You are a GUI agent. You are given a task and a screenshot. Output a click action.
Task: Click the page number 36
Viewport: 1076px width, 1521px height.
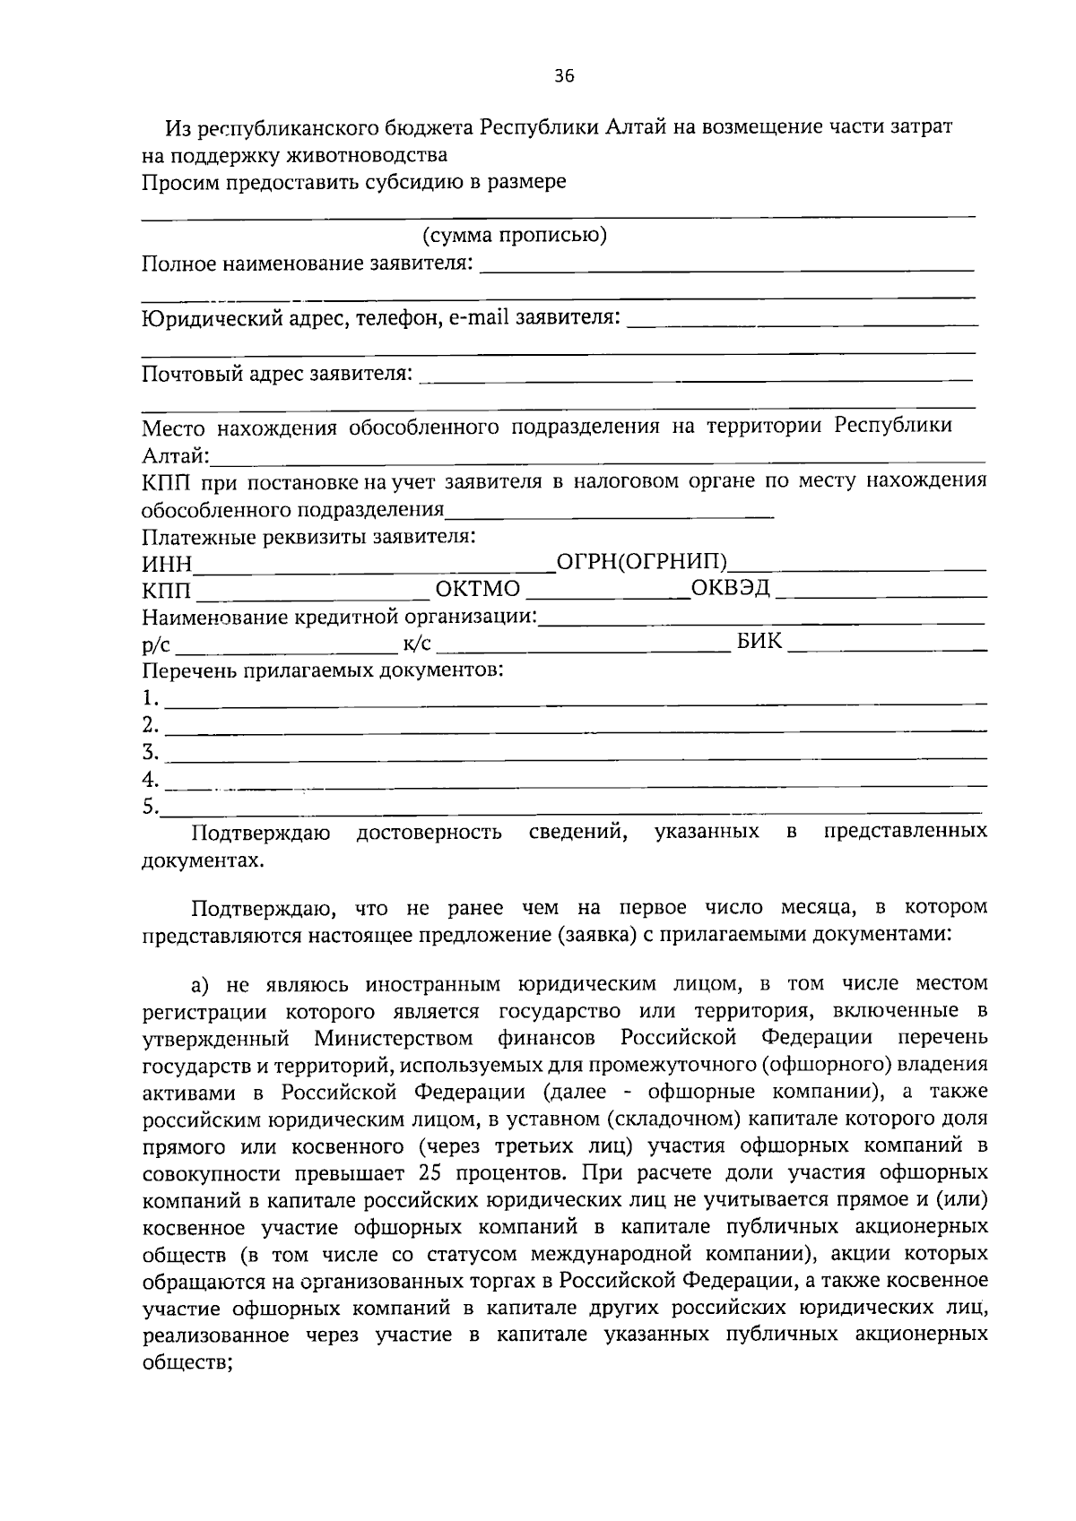(563, 76)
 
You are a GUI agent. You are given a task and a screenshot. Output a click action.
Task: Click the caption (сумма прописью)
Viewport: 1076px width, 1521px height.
(515, 236)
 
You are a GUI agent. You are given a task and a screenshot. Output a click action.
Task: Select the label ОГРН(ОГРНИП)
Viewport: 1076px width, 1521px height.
(641, 562)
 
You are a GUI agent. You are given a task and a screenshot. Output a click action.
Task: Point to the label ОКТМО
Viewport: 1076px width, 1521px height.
(477, 589)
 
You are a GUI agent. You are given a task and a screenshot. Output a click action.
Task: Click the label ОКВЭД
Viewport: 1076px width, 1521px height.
(730, 588)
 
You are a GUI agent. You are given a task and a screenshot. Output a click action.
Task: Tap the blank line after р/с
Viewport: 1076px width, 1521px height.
(285, 647)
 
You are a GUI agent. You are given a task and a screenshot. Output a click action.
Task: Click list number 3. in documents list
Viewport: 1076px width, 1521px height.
(151, 751)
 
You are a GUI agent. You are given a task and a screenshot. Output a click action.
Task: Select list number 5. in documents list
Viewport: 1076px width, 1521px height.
(150, 806)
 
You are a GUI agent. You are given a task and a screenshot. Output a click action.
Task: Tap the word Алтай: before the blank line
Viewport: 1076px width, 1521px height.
(176, 455)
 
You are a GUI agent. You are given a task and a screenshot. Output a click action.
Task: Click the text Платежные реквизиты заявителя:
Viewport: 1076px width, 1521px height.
(308, 537)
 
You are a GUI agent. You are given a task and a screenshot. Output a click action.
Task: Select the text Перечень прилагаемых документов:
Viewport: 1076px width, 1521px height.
(322, 670)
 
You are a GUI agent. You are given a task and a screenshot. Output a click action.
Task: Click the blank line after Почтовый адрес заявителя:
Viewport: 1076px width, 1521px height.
(695, 380)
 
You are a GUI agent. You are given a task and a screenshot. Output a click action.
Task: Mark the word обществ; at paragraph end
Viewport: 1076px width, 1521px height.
(187, 1362)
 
